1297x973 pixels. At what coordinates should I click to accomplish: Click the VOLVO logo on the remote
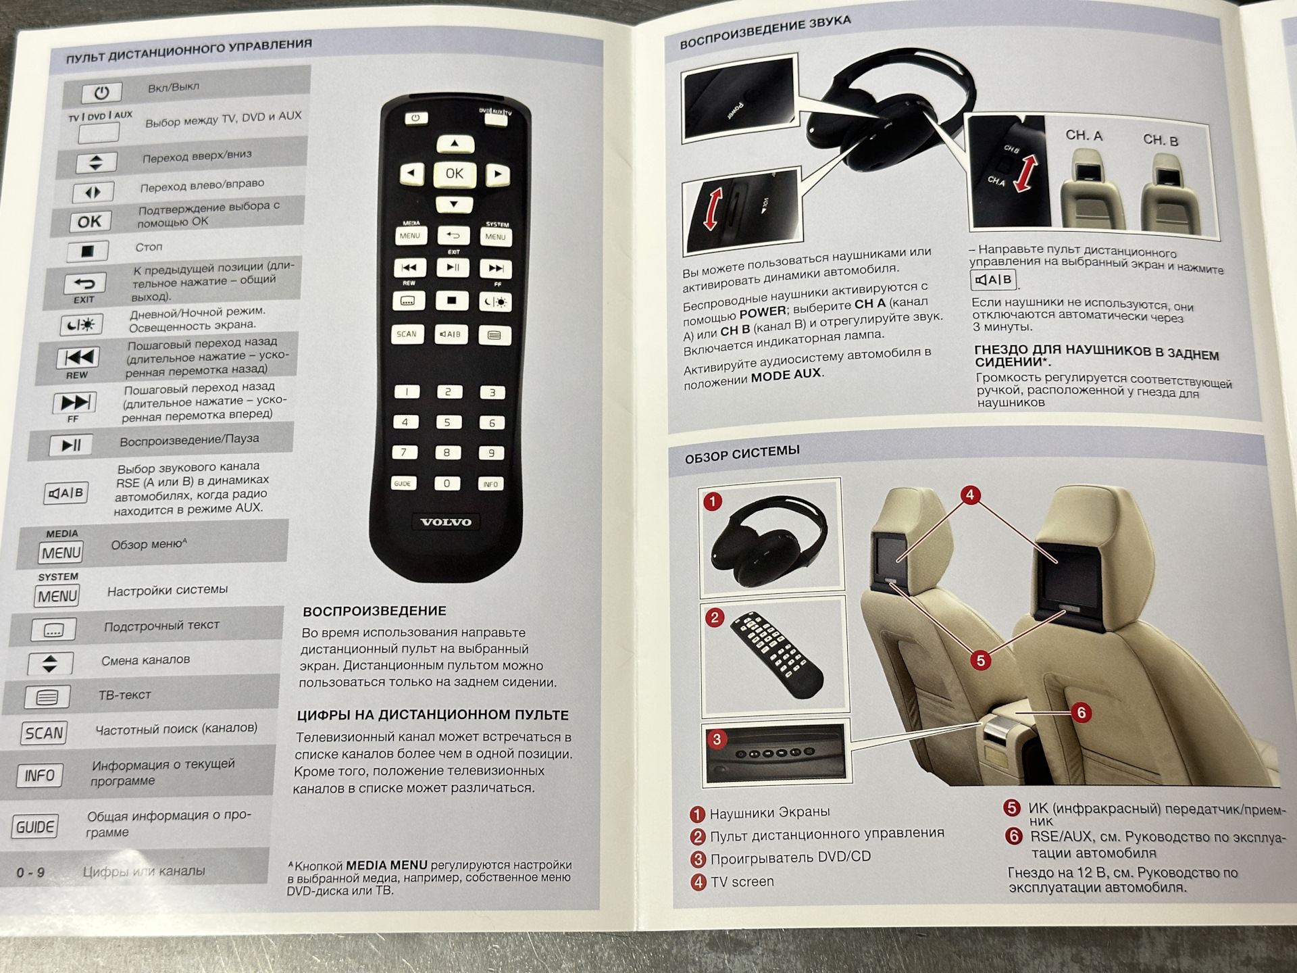point(446,522)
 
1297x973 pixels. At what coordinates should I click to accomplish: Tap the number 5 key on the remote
point(447,422)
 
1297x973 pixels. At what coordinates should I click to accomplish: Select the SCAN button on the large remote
point(407,334)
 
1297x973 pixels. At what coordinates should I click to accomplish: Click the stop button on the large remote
point(452,301)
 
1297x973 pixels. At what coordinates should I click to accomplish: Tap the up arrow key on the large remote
point(455,143)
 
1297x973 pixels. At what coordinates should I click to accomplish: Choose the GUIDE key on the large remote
point(403,484)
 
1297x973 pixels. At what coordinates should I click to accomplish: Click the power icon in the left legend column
point(101,92)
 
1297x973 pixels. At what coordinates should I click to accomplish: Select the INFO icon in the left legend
point(40,775)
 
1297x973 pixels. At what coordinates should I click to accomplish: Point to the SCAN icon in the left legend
point(45,733)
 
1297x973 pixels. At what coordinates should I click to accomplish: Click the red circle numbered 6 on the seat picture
point(1081,712)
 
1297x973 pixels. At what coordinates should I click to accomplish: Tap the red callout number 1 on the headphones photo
point(713,501)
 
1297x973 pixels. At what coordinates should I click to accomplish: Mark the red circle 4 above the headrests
point(970,495)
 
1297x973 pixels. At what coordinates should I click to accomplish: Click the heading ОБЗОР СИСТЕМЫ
point(742,454)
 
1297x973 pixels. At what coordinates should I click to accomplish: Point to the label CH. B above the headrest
point(1161,141)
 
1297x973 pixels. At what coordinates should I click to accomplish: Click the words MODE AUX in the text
point(786,374)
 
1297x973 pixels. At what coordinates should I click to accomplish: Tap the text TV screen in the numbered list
point(742,882)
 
